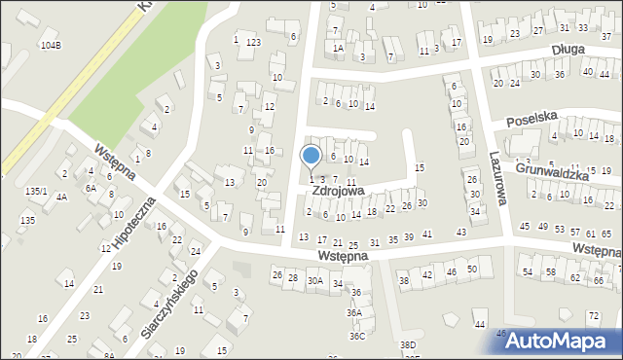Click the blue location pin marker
point(311,157)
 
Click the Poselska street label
point(531,117)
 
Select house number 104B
point(51,46)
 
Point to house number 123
point(253,43)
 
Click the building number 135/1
point(36,192)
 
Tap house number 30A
point(314,280)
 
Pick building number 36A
point(356,313)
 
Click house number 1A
point(338,48)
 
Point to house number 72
point(593,317)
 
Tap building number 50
point(472,269)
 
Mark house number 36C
point(357,337)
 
